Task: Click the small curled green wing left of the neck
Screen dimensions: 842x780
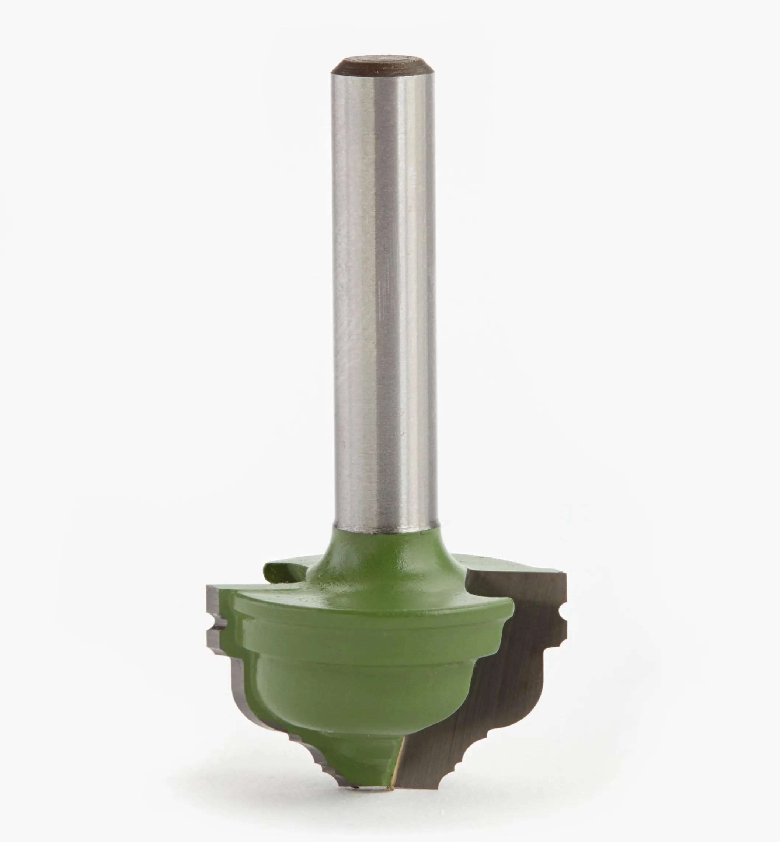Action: (282, 571)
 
